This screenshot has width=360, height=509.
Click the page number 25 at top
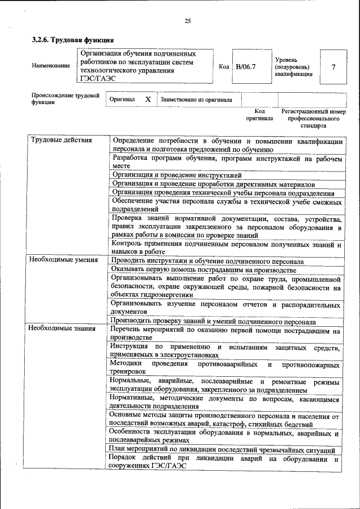point(188,21)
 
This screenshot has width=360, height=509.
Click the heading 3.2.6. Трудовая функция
point(73,40)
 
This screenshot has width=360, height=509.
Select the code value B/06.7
point(246,66)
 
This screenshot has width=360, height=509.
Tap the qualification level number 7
point(334,66)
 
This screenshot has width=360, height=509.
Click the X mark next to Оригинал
point(148,100)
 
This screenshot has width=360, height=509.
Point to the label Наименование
point(51,66)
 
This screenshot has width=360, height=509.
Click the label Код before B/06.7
point(223,66)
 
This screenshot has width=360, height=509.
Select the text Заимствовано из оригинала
point(196,100)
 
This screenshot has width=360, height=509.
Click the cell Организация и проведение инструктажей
point(177,175)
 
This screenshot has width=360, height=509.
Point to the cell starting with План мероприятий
point(223,451)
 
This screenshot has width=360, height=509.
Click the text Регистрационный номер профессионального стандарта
point(313,119)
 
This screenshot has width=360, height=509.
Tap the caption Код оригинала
point(259,115)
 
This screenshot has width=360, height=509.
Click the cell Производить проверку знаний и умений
point(213,322)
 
